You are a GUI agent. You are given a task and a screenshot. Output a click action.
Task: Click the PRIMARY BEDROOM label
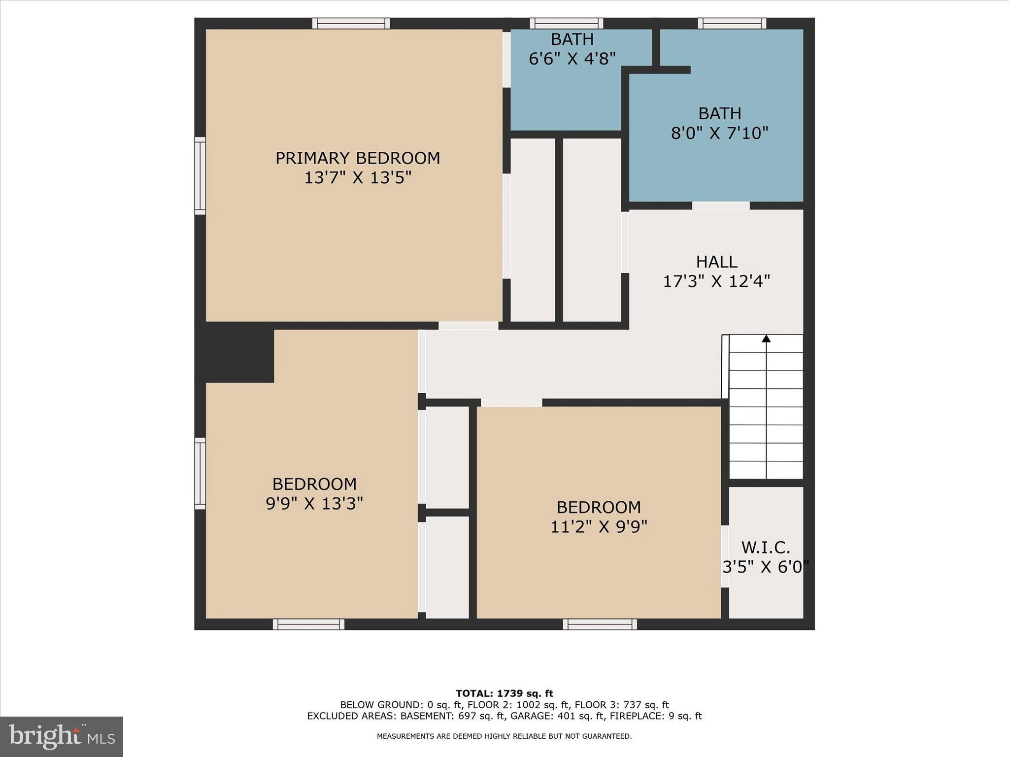tap(357, 158)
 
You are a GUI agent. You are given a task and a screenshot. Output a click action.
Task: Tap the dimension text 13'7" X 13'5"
tap(357, 177)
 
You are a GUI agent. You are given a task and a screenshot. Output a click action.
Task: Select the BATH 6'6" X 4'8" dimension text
tap(572, 59)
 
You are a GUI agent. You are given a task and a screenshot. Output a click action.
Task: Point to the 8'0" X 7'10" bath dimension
tap(719, 133)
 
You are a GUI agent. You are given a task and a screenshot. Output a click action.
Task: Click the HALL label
tap(716, 261)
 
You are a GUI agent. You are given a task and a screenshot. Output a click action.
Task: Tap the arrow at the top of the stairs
tap(766, 339)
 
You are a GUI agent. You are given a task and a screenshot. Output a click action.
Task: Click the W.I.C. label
tap(766, 548)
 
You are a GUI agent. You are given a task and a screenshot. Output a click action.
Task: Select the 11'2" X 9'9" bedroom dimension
tap(599, 527)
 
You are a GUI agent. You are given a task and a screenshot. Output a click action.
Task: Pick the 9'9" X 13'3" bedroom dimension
tap(314, 504)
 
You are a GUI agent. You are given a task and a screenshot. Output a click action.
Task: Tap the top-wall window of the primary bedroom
tap(351, 23)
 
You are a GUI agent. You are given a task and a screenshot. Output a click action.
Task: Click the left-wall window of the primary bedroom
tap(200, 176)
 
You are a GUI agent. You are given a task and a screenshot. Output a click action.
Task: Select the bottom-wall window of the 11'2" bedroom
tap(600, 624)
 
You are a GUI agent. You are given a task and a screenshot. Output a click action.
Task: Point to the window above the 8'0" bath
tap(732, 23)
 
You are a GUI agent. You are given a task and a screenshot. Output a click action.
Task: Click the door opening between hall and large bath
tap(721, 206)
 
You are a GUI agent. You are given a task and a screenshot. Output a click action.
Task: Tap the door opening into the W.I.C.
tap(725, 556)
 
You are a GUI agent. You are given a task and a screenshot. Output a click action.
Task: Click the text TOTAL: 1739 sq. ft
tap(504, 693)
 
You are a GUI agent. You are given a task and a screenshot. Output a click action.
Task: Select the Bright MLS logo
tap(62, 737)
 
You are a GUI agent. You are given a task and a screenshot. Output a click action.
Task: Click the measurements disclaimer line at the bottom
tap(504, 736)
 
